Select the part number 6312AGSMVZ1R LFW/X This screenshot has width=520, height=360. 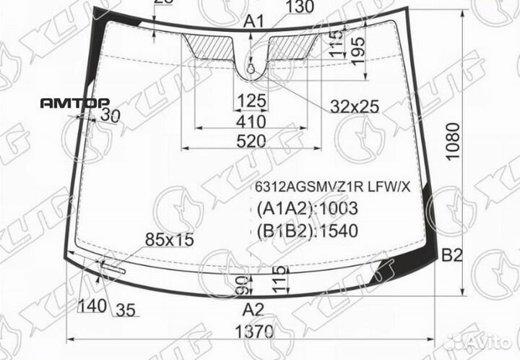[331, 187]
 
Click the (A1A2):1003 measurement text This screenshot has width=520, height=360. [307, 209]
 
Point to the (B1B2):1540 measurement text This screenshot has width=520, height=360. [307, 231]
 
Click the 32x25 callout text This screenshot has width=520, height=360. [355, 106]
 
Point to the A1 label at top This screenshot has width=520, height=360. [253, 22]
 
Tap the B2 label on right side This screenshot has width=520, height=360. [451, 254]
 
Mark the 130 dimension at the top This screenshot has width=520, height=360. [299, 7]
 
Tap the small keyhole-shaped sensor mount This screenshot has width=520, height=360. [251, 69]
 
